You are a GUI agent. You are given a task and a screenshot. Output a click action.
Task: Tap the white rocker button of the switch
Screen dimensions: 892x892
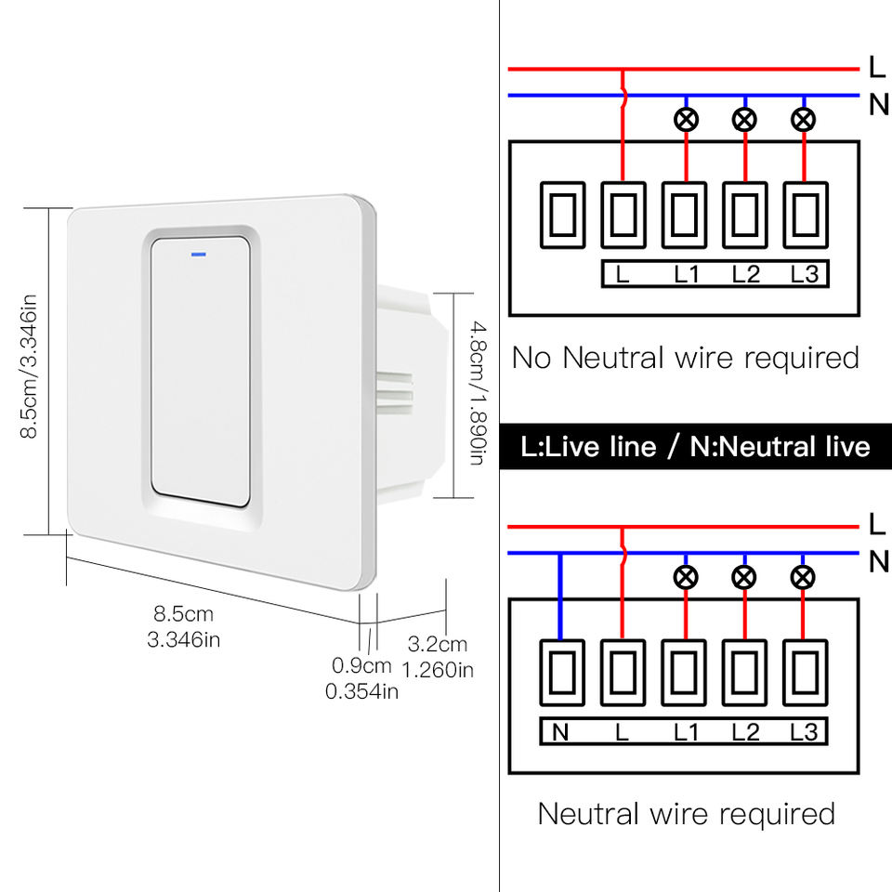pos(201,372)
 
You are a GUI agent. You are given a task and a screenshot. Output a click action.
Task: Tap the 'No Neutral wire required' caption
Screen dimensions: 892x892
pos(686,357)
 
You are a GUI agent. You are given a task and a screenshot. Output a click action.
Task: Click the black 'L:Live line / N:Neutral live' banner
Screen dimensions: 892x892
pos(695,447)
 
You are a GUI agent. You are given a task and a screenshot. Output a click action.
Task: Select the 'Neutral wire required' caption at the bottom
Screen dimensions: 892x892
pos(686,814)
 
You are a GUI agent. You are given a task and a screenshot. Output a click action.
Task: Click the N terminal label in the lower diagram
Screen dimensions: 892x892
pos(560,732)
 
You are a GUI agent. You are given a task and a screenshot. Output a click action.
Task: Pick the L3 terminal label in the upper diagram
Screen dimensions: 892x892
pos(805,275)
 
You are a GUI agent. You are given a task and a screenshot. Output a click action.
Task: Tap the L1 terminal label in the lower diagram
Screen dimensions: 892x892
pos(686,732)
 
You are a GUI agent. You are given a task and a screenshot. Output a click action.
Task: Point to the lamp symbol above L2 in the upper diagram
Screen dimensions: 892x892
pos(744,119)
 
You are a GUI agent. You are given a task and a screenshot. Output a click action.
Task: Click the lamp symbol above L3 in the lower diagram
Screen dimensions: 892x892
pos(804,578)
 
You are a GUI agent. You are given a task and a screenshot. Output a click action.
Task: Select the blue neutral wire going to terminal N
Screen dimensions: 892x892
pos(560,596)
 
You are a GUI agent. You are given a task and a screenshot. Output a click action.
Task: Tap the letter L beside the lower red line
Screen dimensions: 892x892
pos(877,523)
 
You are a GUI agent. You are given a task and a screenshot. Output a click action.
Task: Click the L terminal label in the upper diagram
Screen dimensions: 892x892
pos(623,275)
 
